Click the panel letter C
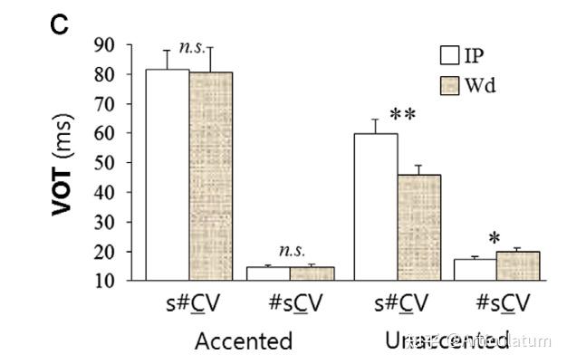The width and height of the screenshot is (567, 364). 59,25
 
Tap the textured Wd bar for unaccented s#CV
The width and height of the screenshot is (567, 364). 418,227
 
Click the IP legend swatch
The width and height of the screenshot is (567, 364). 450,56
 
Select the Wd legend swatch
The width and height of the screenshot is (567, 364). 450,86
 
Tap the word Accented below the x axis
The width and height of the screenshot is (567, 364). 244,340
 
